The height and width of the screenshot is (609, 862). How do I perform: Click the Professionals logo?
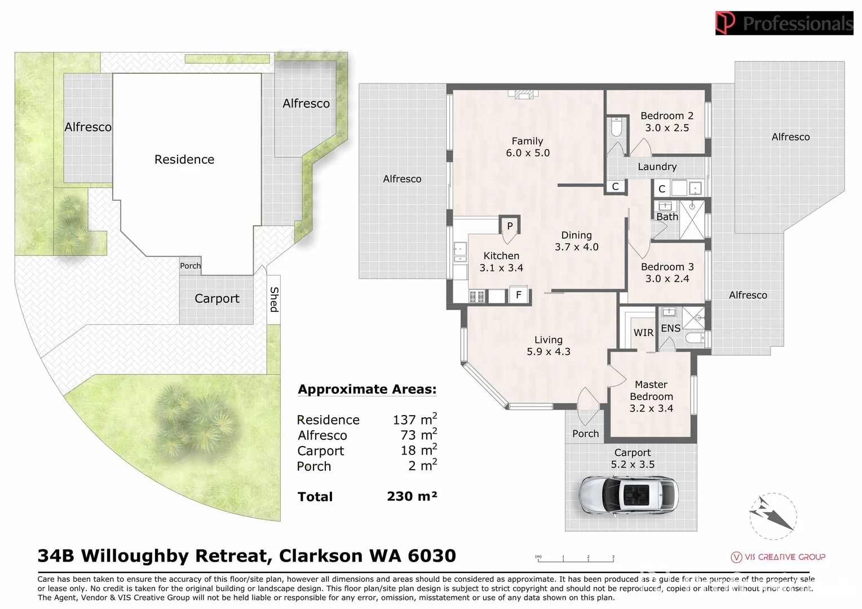(x=784, y=23)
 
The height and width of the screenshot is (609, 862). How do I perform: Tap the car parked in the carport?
(x=629, y=496)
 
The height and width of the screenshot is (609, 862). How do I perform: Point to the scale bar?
(x=575, y=559)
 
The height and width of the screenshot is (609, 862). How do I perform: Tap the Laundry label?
(x=657, y=167)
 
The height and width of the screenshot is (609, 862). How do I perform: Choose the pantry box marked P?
(x=510, y=226)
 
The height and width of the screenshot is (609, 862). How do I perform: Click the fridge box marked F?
(x=519, y=295)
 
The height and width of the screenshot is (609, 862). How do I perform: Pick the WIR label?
(x=643, y=333)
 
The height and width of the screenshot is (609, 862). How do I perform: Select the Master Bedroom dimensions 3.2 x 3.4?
(x=651, y=408)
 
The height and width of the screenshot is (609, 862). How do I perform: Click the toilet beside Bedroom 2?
(x=616, y=127)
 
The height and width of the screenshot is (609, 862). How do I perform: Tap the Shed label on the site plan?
(x=274, y=299)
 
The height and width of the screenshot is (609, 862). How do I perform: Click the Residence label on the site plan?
(x=184, y=160)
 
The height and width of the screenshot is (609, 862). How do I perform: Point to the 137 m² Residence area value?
(x=414, y=419)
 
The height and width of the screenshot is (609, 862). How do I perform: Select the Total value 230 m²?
(x=412, y=496)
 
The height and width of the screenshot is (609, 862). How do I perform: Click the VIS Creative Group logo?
(x=778, y=557)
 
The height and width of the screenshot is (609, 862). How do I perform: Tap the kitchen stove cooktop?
(x=476, y=296)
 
